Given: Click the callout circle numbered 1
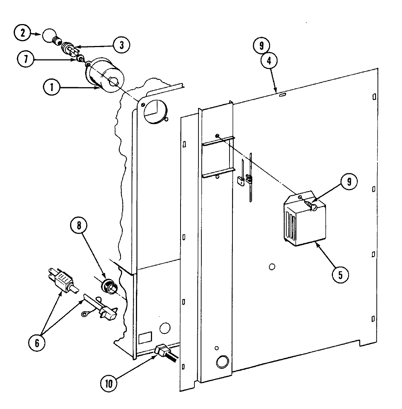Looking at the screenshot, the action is pos(52,88).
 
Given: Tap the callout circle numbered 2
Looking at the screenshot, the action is pos(23,34).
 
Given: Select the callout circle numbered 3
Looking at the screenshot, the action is pos(121,45).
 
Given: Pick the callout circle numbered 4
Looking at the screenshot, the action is pos(269,61).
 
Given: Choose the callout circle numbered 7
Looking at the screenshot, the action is pos(25,59).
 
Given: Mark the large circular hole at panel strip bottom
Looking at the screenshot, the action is pos(222,362).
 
